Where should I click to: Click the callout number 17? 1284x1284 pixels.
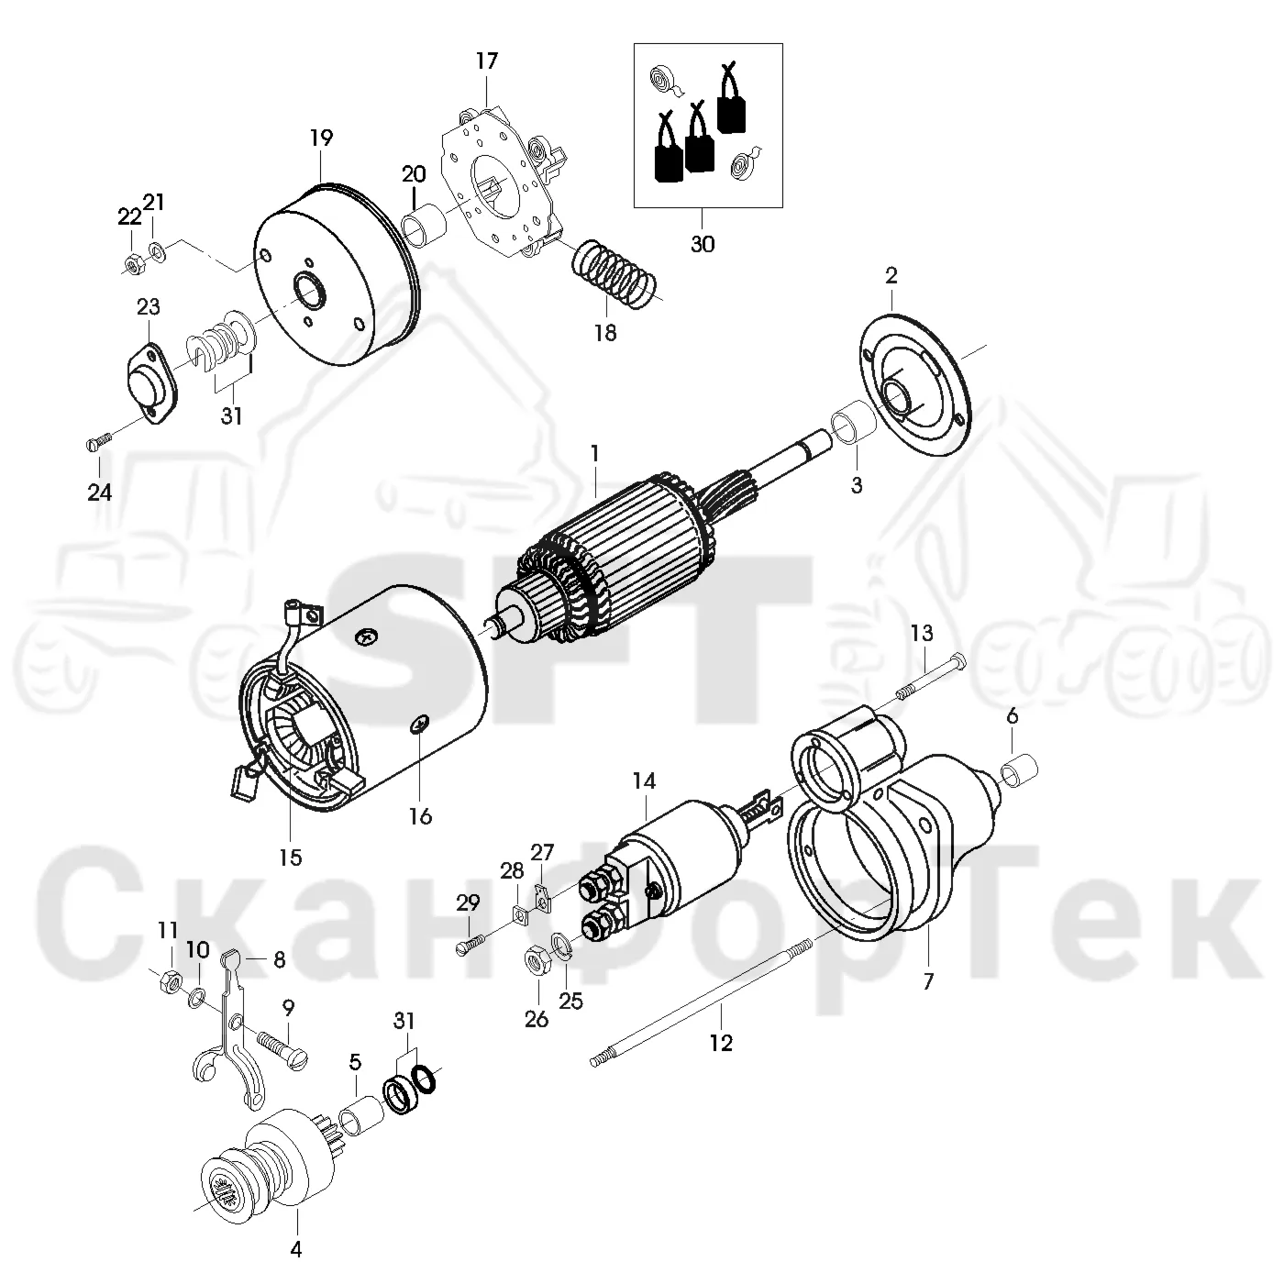pos(486,61)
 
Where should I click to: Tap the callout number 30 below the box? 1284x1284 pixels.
pos(703,245)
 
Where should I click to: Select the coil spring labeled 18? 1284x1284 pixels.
pos(614,274)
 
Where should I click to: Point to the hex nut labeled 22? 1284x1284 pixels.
pos(131,265)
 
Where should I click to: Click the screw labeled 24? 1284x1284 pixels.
pos(99,441)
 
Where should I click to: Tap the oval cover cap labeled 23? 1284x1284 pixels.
pos(152,383)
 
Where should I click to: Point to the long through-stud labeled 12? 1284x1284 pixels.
pos(701,1002)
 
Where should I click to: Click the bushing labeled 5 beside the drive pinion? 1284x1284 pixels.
pos(360,1124)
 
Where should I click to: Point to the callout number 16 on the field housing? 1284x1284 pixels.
pos(420,815)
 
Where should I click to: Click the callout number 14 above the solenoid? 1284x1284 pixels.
pos(644,780)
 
